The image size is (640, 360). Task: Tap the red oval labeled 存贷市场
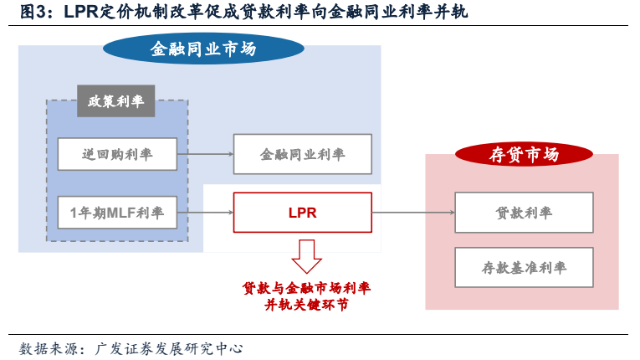tap(524, 155)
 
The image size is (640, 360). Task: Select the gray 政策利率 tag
tap(115, 102)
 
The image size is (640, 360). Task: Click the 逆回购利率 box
tap(117, 154)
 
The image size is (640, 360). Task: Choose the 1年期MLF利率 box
tap(117, 213)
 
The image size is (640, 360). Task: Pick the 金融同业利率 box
tap(302, 154)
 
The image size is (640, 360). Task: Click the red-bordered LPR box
tap(302, 213)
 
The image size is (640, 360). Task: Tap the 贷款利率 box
tap(524, 213)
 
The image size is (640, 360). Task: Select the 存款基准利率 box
tap(524, 268)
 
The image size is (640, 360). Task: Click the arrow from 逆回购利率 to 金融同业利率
tap(205, 154)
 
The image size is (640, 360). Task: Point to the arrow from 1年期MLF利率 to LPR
tap(205, 213)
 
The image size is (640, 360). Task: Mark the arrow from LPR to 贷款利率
tap(413, 213)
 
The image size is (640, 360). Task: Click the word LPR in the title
tap(81, 12)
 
